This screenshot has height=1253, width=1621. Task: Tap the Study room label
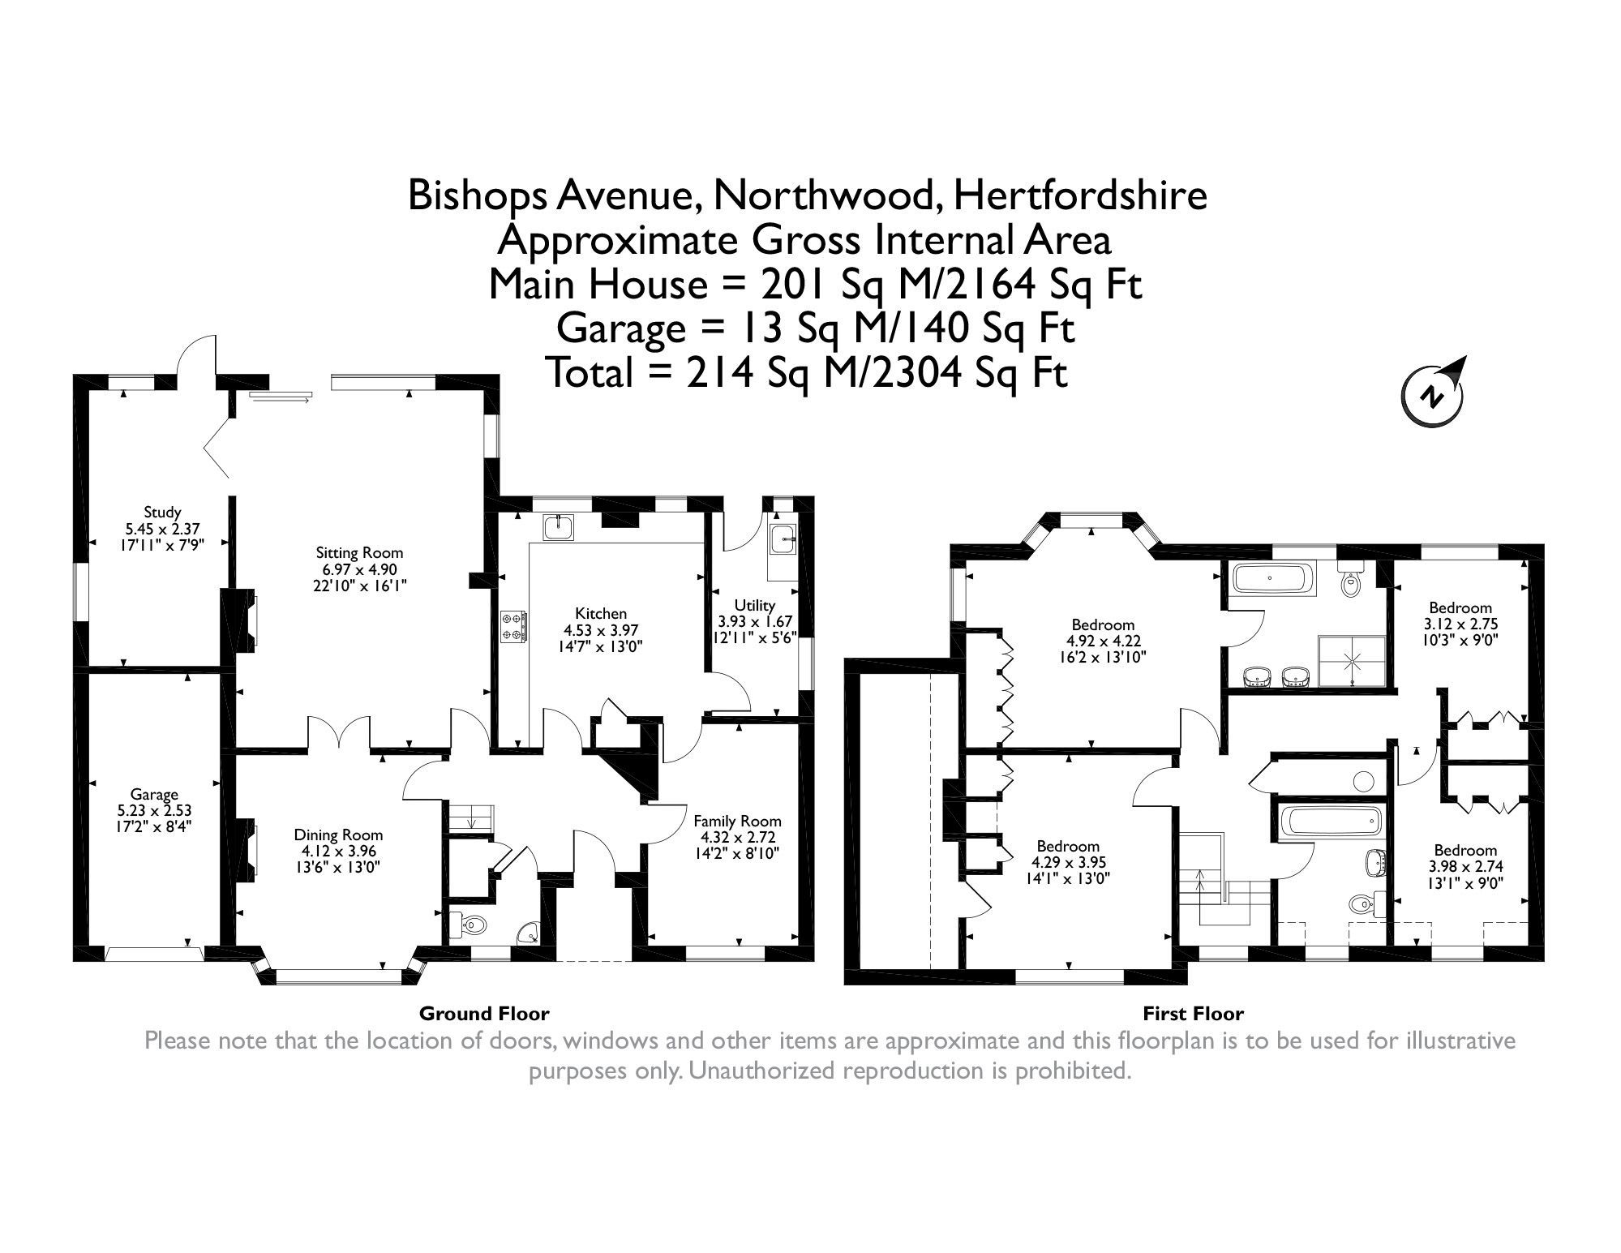(162, 513)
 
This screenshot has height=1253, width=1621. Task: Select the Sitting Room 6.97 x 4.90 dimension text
(359, 569)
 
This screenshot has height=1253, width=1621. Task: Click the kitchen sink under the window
(560, 526)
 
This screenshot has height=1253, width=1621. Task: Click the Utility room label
(754, 605)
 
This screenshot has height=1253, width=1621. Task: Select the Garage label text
(154, 794)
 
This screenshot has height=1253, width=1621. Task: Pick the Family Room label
(737, 820)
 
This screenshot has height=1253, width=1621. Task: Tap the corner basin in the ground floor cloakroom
(530, 933)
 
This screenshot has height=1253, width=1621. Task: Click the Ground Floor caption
(484, 1013)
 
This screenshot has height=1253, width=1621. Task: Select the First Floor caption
(1193, 1013)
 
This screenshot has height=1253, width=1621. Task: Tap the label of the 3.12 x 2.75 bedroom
(1460, 607)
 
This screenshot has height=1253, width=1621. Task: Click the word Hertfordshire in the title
(1080, 196)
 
